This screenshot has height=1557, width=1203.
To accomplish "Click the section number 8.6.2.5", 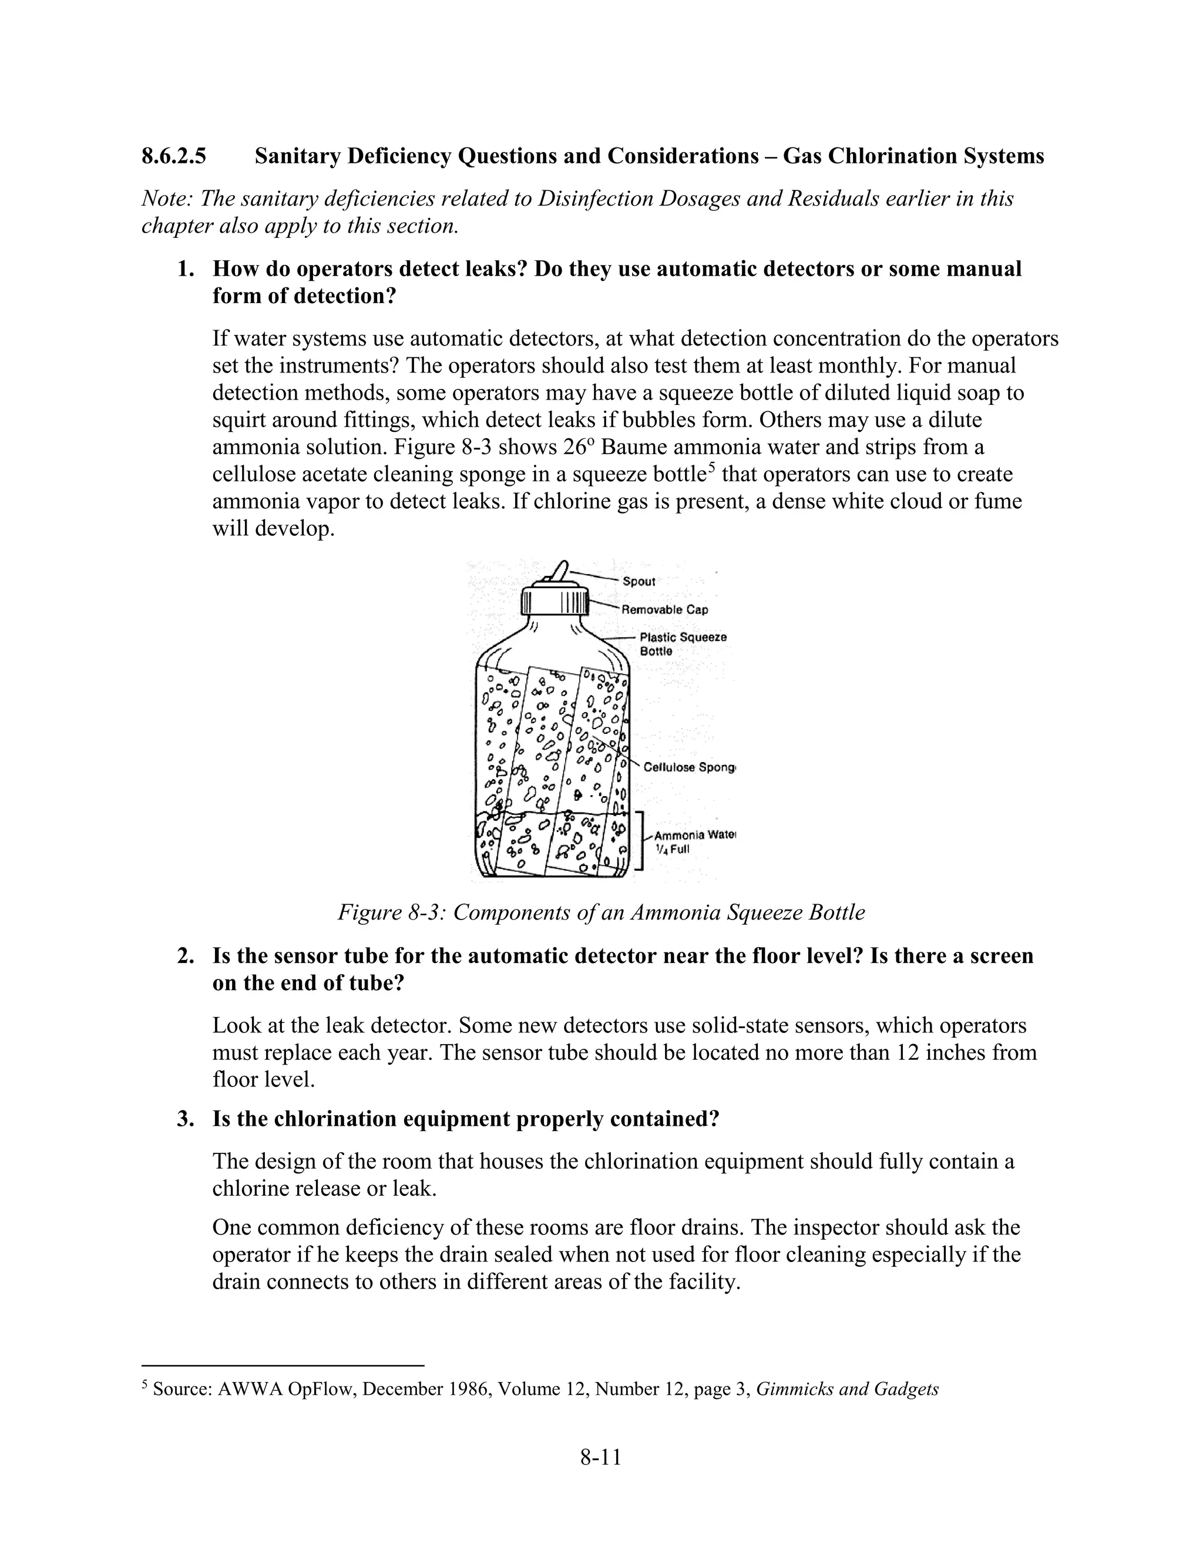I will pos(174,156).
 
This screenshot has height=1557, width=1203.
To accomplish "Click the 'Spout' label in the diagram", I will pos(639,581).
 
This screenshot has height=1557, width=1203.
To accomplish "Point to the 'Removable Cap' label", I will pos(665,609).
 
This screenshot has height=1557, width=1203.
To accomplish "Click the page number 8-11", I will pos(601,1457).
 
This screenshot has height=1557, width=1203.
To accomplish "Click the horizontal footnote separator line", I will pos(283,1366).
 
